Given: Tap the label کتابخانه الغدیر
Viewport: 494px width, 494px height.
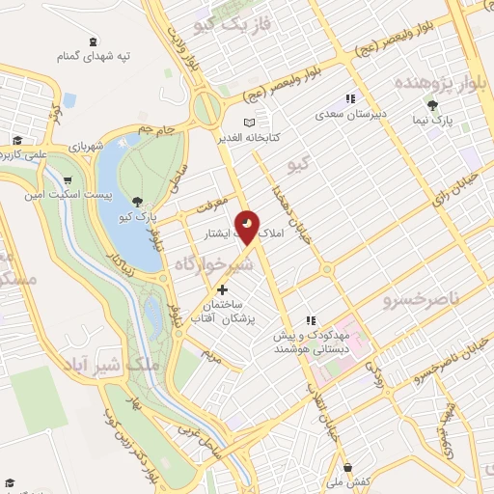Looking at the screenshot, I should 274,136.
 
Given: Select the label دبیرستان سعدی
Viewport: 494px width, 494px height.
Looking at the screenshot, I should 352,113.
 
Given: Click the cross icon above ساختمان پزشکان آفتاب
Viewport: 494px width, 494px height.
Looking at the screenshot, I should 222,288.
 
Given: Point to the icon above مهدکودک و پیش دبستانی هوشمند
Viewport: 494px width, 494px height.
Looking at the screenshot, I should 311,320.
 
